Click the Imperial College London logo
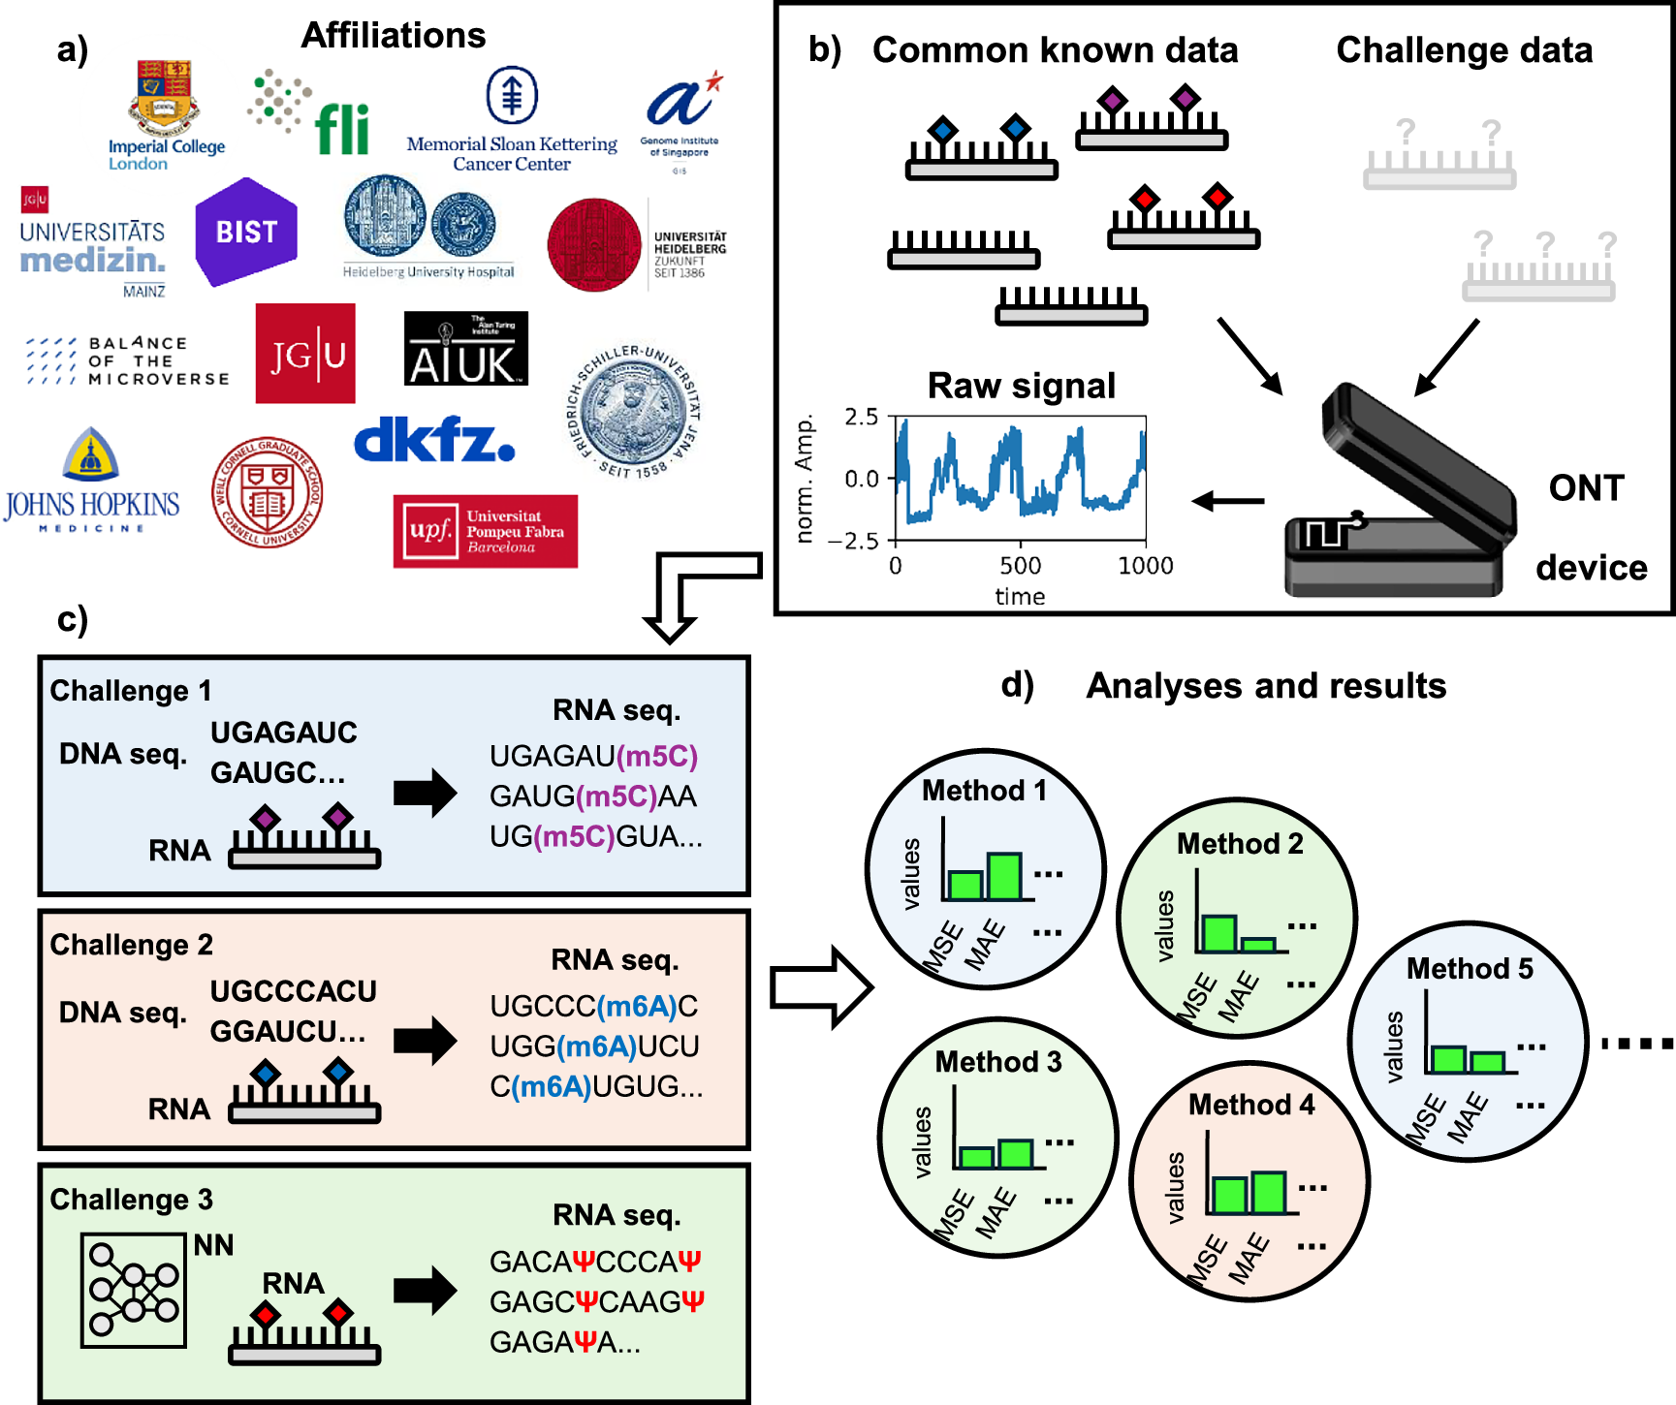tap(166, 114)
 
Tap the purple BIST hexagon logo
tap(246, 232)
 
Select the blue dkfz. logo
tap(433, 441)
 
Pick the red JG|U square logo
tap(305, 354)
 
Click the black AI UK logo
tap(465, 349)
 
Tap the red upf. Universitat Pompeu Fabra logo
tap(485, 531)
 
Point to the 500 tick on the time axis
tap(1020, 565)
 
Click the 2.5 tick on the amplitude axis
tap(861, 418)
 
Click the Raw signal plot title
tap(1021, 386)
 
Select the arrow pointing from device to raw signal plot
tap(1228, 501)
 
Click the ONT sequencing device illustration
tap(1401, 494)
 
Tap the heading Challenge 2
tap(131, 945)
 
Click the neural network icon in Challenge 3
tap(134, 1290)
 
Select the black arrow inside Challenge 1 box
tap(425, 794)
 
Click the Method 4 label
tap(1251, 1105)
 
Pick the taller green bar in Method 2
tap(1218, 933)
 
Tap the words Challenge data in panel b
tap(1464, 50)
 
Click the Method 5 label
tap(1470, 968)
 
